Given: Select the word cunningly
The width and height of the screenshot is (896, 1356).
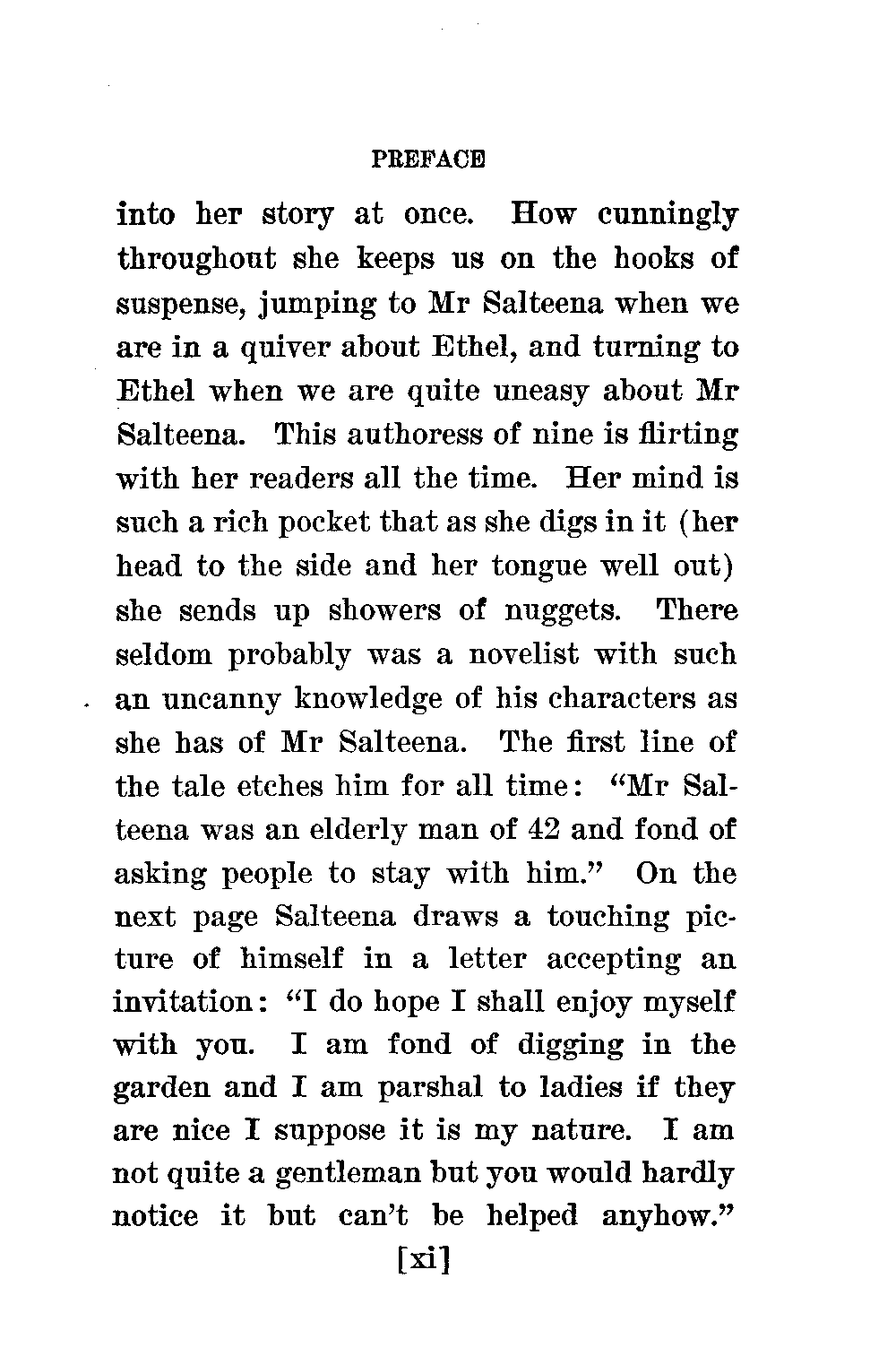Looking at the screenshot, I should pos(668,217).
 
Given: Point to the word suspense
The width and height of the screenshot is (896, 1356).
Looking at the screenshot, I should pos(183,305).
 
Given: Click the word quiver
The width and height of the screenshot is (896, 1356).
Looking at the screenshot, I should pos(280,349).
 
